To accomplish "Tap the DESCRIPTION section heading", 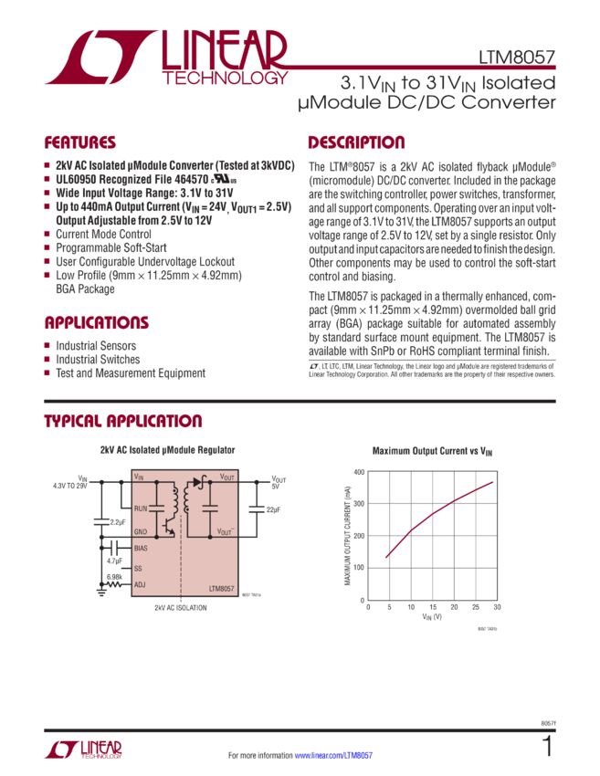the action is tap(356, 142).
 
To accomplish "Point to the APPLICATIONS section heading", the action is tap(97, 323).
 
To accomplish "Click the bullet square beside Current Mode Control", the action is tap(47, 234).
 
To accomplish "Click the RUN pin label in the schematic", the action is tap(141, 508).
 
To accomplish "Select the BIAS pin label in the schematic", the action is tap(141, 548).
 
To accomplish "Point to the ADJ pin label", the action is tap(140, 584).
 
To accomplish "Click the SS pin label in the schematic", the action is tap(138, 567).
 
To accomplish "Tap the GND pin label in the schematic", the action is tap(141, 531).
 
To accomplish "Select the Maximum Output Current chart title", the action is tap(433, 450).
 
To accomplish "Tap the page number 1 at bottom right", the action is tap(548, 747).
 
